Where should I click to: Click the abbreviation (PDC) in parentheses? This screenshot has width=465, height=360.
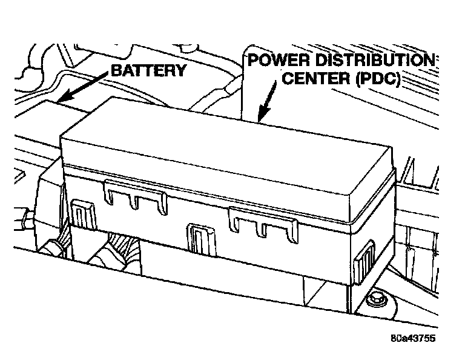coord(376,80)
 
